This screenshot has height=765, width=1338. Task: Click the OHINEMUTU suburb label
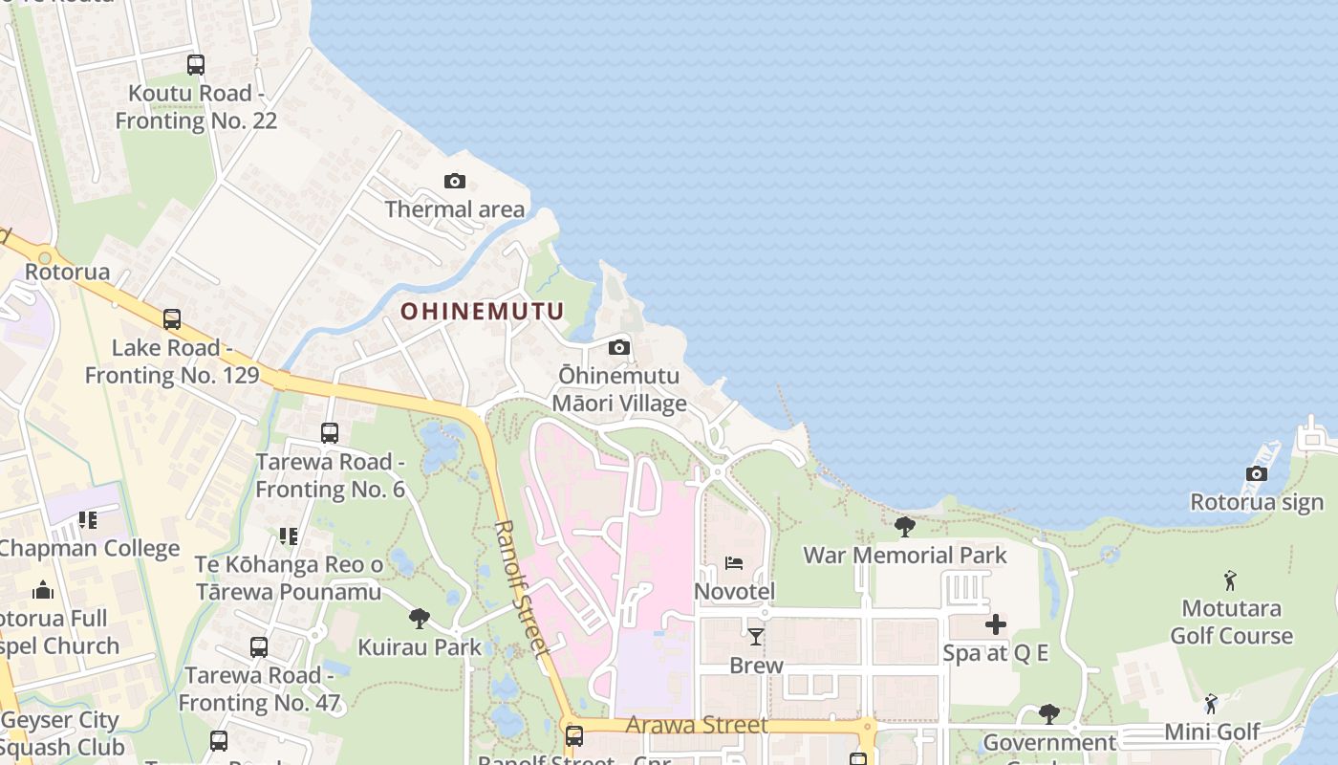(482, 311)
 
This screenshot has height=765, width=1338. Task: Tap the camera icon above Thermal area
(455, 181)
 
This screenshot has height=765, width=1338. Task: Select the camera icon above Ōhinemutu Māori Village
(619, 347)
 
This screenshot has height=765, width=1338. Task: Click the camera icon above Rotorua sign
(1257, 473)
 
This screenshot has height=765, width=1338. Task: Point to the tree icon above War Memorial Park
(904, 526)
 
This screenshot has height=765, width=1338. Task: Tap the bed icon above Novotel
(734, 562)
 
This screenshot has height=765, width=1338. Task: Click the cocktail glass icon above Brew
(756, 636)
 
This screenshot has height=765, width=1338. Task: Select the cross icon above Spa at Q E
(996, 624)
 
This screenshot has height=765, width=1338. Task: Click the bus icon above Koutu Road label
(196, 65)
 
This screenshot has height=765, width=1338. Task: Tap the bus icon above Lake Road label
(172, 319)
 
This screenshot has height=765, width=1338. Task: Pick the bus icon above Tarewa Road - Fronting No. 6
(330, 433)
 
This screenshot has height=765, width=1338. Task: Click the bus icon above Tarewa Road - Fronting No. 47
(259, 647)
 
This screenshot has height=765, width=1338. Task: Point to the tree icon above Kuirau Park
(419, 619)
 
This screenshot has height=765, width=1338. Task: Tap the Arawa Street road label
(697, 725)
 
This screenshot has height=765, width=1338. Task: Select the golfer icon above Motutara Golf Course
(1230, 580)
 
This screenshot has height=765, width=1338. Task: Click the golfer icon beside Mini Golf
(1211, 705)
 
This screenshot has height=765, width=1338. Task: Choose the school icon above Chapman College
(88, 520)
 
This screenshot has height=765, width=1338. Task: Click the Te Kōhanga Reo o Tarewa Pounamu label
(289, 578)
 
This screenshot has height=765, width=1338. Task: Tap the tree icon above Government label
(1048, 713)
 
